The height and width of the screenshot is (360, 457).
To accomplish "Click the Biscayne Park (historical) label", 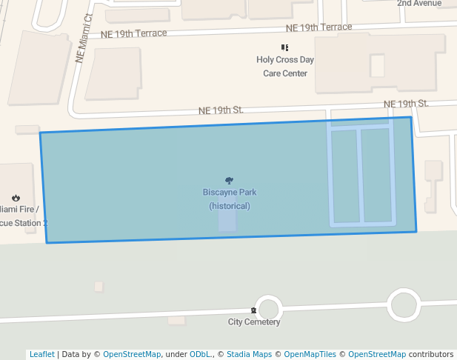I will pos(230,199).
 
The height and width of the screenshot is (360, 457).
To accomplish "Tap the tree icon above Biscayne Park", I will pos(230,181).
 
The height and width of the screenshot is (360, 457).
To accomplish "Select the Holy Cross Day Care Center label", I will pos(285,67).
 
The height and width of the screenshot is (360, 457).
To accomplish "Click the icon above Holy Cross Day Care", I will pos(284,47).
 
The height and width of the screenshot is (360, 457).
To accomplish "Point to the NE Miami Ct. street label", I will pos(84,39).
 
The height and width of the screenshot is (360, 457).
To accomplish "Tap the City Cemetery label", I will pos(253,322).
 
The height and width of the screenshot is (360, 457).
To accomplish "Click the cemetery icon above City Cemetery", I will pos(253,310).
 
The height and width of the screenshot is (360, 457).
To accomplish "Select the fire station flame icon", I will pos(15,198).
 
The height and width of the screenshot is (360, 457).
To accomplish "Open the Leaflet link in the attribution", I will pos(41,354).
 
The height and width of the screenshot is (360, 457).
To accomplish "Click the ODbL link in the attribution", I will pos(199,354).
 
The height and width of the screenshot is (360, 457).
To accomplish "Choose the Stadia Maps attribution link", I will pos(249,354).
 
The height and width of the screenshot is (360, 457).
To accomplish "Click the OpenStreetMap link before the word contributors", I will pos(377,354).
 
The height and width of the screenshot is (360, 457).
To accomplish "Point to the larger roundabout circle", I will pos(403,304).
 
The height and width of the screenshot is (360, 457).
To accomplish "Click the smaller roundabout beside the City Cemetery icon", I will pos(270,309).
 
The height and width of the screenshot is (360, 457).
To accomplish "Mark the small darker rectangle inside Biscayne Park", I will pos(227,220).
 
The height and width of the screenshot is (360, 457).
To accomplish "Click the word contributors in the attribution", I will pos(430,354).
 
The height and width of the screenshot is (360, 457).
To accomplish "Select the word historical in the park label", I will pos(230,206).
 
